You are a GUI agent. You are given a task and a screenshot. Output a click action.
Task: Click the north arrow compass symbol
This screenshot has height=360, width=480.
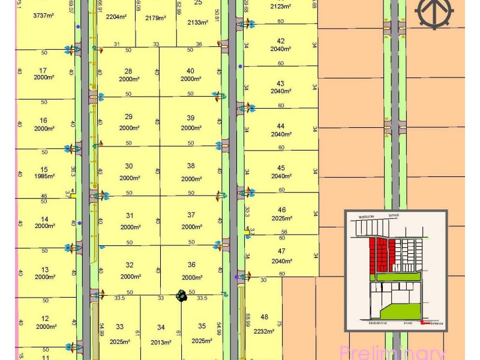434,13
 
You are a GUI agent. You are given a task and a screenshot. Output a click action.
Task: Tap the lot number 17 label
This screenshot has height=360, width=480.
43,70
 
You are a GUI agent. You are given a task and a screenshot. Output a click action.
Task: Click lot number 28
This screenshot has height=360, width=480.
128,71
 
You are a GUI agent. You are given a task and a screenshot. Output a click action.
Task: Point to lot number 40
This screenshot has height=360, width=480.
191,71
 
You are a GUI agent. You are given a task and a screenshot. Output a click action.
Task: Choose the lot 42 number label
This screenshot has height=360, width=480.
281,41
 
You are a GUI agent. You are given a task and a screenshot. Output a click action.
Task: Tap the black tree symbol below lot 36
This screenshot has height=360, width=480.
181,295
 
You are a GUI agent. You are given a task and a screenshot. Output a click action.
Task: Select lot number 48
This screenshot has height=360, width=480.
265,317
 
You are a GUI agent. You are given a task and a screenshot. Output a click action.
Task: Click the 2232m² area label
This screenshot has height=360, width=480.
265,330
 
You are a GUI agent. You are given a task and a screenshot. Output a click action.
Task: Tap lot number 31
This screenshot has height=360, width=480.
130,215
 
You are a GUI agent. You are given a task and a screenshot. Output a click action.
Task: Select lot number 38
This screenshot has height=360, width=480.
191,166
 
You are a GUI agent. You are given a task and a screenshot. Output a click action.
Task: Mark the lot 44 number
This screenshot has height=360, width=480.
281,126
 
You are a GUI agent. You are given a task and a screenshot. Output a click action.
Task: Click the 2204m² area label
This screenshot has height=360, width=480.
116,17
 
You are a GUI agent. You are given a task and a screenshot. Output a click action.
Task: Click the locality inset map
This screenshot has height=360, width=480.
396,270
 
